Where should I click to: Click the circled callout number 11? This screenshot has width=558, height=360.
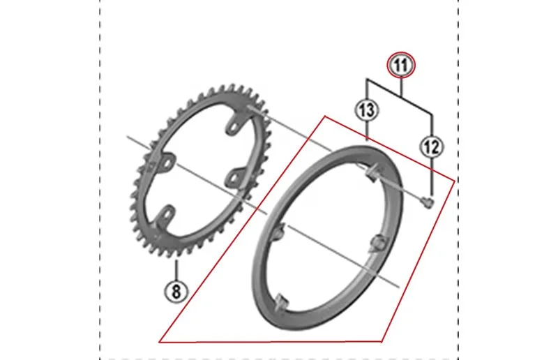coord(401,65)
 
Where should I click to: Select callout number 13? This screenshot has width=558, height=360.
coord(367,110)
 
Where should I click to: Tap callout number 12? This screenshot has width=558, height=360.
coord(432,147)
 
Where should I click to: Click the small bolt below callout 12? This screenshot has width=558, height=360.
coord(428,203)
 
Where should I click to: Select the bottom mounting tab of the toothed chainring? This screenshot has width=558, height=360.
coord(165,216)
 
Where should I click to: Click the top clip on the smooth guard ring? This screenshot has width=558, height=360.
coord(372,173)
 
